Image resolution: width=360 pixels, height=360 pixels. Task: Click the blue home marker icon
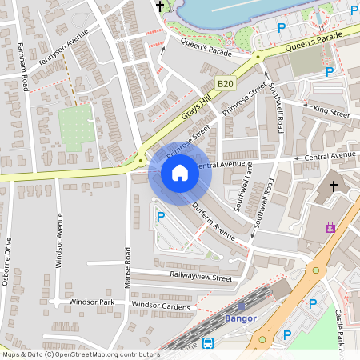click(179, 172)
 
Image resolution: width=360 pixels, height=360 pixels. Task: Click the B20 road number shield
click(226, 82)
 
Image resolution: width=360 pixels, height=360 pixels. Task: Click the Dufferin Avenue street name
click(213, 223)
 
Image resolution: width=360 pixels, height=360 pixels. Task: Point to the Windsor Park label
click(91, 302)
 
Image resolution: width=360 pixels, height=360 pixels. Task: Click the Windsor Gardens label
click(162, 305)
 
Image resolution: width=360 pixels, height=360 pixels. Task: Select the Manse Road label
click(127, 266)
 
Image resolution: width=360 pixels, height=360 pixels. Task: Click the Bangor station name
click(241, 318)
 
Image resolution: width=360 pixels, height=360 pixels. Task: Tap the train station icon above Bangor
click(241, 306)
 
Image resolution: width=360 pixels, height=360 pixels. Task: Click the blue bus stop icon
click(208, 342)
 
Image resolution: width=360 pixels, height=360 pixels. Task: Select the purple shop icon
click(329, 227)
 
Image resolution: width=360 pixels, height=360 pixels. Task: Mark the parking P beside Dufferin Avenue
click(161, 216)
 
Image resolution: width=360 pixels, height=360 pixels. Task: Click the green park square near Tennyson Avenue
click(76, 125)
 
